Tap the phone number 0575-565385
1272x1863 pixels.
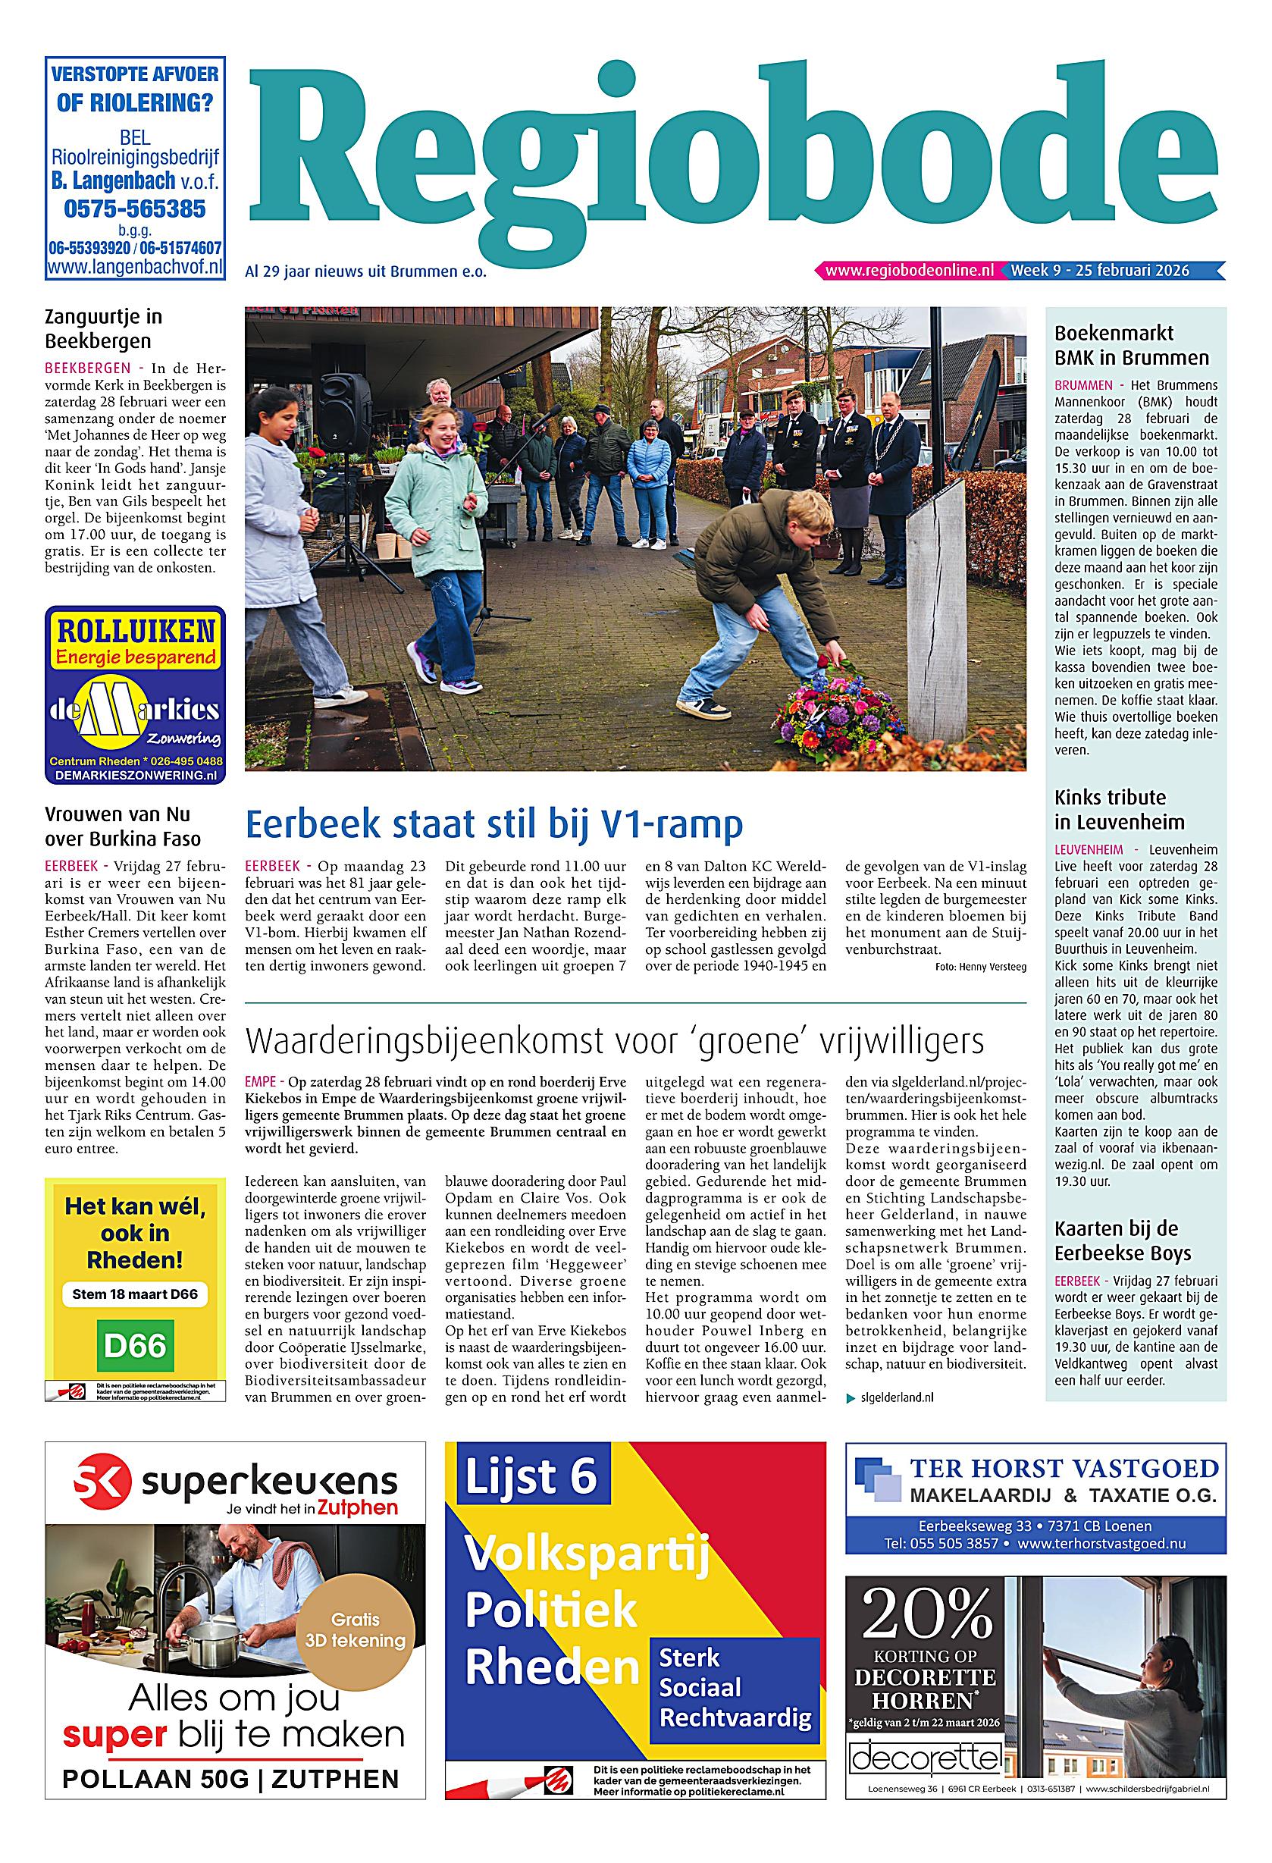coord(135,209)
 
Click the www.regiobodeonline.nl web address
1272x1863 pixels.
coord(909,270)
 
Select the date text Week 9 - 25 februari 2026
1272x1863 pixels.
coord(1100,270)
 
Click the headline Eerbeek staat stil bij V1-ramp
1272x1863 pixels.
coord(493,824)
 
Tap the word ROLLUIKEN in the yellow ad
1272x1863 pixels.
coord(135,632)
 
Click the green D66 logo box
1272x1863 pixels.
coord(135,1344)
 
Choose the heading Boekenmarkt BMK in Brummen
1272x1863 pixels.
coord(1131,345)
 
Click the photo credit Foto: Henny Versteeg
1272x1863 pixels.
coord(979,967)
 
